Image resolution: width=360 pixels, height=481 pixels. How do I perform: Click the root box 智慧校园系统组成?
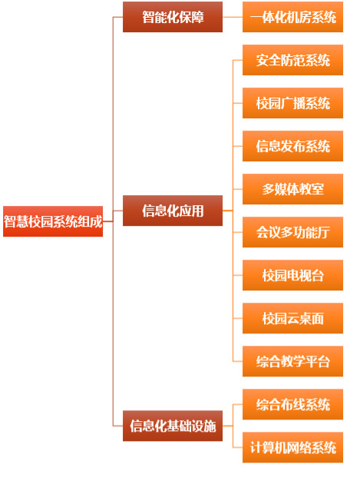click(53, 221)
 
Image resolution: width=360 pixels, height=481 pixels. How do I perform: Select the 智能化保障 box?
click(173, 17)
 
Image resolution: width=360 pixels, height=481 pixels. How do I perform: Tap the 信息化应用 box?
click(173, 211)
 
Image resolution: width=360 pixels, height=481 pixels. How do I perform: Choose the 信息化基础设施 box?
click(173, 426)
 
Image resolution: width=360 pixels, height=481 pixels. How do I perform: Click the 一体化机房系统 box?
click(292, 17)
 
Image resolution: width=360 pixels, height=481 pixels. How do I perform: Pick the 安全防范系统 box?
click(292, 60)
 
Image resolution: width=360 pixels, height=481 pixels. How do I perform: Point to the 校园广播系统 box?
click(292, 103)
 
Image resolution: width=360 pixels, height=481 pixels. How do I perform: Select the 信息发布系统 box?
click(292, 146)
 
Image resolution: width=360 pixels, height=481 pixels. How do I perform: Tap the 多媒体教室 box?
click(292, 189)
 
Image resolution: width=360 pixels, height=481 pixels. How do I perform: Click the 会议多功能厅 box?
click(292, 232)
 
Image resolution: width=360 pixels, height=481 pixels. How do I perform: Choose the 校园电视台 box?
click(292, 275)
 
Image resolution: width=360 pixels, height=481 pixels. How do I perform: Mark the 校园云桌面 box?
click(292, 318)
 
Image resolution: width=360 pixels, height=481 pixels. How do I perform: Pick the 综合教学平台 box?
click(292, 361)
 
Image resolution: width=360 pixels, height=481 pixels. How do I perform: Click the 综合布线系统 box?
click(292, 404)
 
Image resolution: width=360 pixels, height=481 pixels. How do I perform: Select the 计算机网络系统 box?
click(292, 447)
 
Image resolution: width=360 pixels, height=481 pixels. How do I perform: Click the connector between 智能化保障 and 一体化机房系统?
click(233, 17)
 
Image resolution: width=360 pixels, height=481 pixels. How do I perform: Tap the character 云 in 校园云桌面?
click(293, 318)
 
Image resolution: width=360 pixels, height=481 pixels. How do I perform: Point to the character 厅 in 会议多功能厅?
click(324, 232)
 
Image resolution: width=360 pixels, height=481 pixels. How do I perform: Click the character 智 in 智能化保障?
click(148, 17)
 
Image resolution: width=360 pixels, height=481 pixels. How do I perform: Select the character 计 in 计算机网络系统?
click(256, 447)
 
